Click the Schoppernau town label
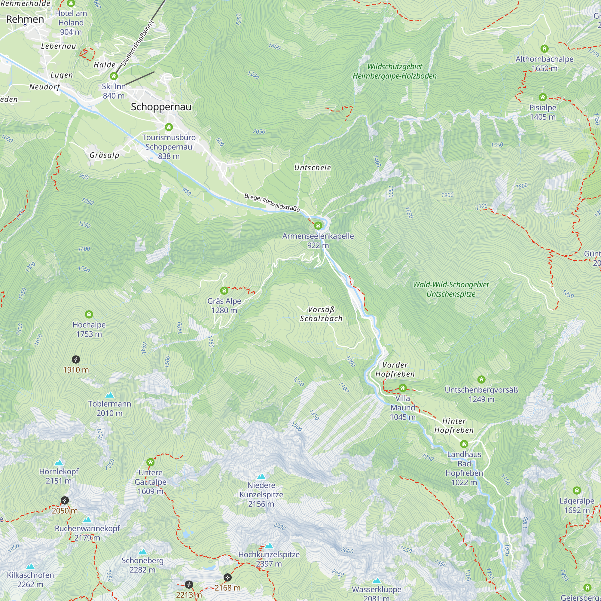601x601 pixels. click(161, 107)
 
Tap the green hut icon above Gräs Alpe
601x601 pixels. click(224, 291)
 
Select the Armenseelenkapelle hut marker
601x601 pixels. click(318, 226)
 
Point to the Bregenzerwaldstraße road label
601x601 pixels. click(272, 203)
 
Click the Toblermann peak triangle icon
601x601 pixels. click(109, 395)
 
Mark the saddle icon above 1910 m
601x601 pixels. click(76, 360)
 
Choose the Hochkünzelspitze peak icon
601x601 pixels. click(269, 546)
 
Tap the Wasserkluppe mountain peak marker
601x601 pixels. click(377, 581)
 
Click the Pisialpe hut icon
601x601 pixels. click(542, 97)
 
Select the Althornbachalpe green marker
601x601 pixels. click(545, 48)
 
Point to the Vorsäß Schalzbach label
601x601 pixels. click(321, 314)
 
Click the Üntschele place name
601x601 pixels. click(313, 168)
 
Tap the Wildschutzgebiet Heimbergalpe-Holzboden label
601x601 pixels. click(395, 71)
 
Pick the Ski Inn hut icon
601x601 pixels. click(114, 76)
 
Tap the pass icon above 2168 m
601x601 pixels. click(227, 577)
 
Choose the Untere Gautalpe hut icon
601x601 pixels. click(151, 462)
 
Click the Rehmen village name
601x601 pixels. click(25, 19)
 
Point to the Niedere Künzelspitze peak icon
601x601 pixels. click(261, 477)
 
